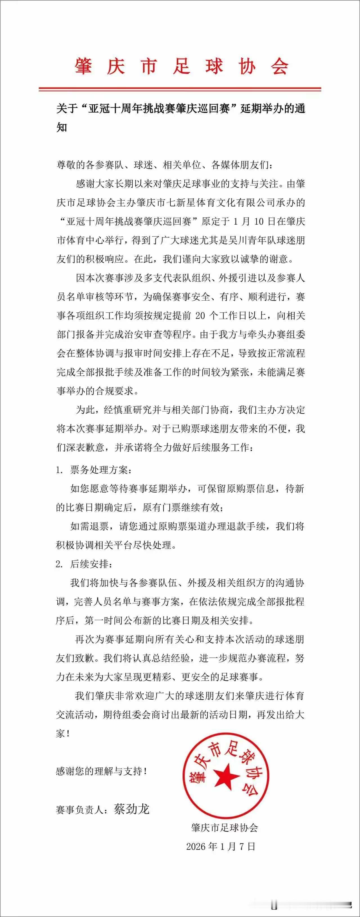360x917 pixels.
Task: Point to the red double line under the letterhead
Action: [x=180, y=89]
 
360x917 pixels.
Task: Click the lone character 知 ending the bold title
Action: [x=62, y=127]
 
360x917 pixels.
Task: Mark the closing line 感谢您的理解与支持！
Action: [x=102, y=771]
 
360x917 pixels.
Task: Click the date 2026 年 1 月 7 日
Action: [x=221, y=846]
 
